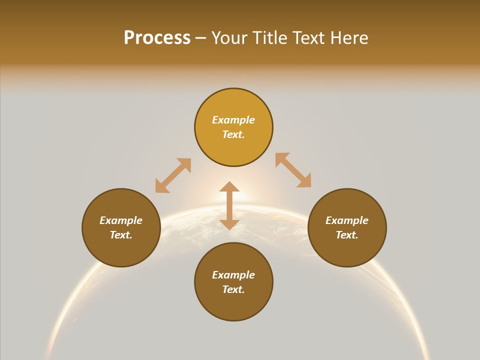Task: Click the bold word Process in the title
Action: coord(157,38)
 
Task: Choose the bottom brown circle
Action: coord(233,305)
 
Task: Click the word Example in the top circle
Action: coord(233,120)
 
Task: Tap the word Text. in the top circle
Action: coord(233,134)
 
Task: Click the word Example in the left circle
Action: coord(121,220)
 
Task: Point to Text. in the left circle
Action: coord(121,235)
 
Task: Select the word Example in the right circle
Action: coord(347,220)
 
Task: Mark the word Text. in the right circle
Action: coord(347,235)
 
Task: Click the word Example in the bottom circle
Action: coord(233,275)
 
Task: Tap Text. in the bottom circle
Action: coord(233,289)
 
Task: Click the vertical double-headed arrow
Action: coord(229,205)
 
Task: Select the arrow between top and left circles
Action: coord(173,175)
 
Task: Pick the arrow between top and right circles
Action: coord(293,170)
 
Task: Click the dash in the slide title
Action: coord(201,38)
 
